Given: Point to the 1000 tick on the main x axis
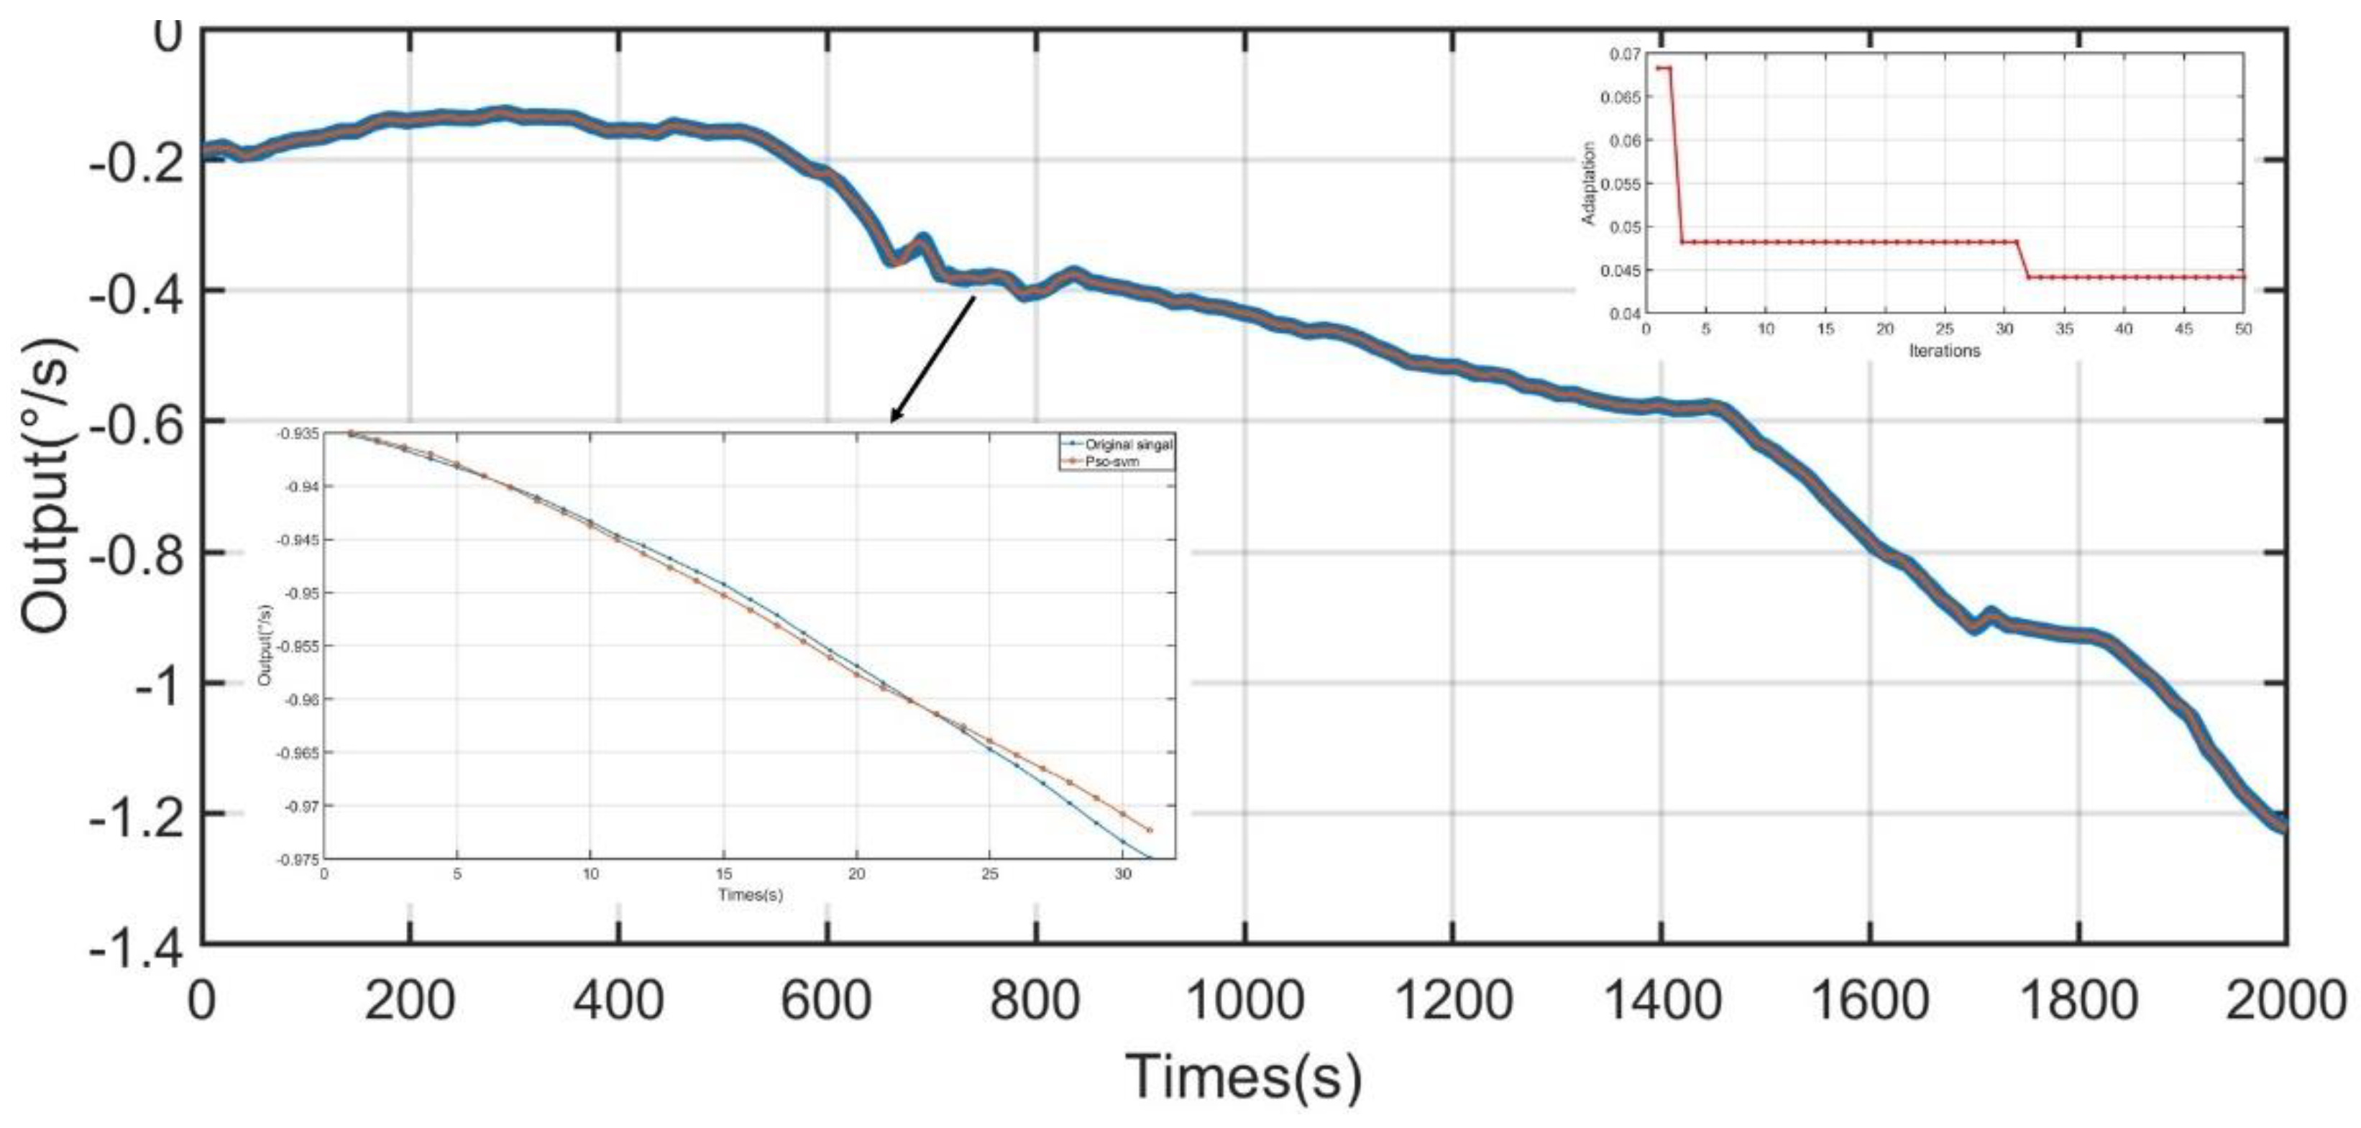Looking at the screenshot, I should pos(1244,1000).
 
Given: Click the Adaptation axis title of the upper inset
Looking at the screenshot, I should pos(1588,183).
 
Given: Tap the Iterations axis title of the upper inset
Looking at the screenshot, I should pos(1944,351).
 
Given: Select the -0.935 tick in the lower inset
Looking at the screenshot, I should pos(299,433).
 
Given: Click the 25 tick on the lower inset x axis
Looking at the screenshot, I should pos(989,874).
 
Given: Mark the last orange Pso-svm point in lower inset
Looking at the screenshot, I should pos(1150,830).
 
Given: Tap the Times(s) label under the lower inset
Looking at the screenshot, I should pos(750,894).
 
